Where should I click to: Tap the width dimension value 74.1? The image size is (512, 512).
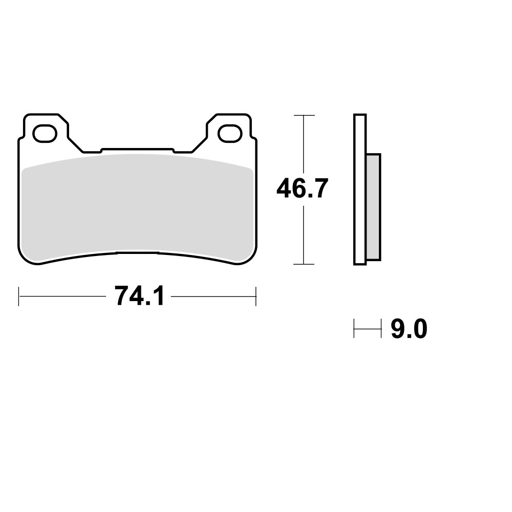[139, 296]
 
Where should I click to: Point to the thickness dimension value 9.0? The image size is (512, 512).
[409, 329]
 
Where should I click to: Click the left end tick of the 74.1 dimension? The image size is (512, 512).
[19, 296]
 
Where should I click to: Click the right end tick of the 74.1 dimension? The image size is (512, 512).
[255, 296]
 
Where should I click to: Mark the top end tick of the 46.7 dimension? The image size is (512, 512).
[304, 115]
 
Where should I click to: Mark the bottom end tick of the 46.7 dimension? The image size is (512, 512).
[304, 264]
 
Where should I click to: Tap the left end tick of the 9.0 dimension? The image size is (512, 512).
[354, 329]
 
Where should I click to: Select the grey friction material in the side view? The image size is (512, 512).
[373, 207]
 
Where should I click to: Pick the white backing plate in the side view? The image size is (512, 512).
[359, 189]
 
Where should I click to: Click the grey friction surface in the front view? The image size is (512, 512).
[137, 205]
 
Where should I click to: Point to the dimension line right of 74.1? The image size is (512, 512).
[213, 296]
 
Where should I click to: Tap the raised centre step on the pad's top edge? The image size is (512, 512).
[137, 150]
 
